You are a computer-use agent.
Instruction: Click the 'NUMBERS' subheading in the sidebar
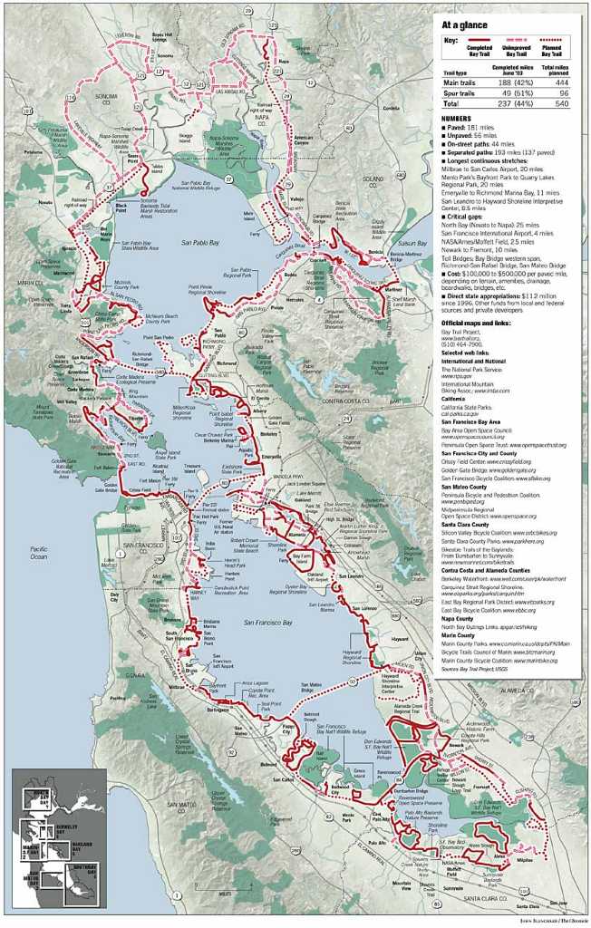point(457,119)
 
